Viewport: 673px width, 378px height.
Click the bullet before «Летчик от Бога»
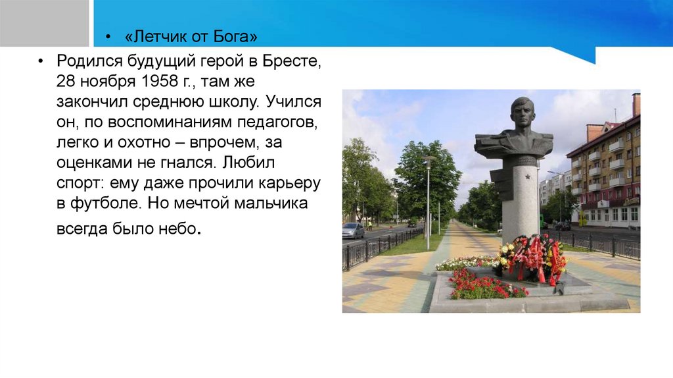tap(108, 37)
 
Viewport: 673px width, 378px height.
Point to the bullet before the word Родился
tap(41, 61)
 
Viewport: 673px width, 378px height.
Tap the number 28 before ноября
tap(66, 81)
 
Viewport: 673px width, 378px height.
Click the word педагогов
tap(277, 122)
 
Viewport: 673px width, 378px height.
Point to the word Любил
tap(248, 163)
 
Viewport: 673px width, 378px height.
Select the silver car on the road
tap(353, 230)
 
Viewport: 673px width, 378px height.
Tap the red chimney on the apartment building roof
tap(636, 104)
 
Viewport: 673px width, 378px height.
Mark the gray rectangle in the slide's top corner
tap(44, 23)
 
